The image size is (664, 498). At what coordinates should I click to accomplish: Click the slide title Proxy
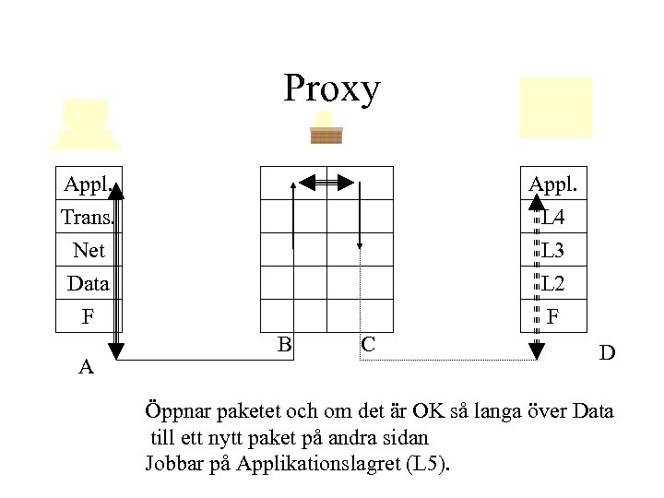331,89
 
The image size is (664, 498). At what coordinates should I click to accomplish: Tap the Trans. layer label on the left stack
87,218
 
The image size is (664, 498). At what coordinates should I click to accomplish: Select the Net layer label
89,251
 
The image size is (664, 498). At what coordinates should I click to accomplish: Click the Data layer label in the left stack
89,283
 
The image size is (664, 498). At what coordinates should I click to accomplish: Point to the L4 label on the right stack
553,219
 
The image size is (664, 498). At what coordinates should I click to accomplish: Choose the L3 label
553,251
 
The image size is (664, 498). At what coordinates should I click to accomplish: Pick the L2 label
553,283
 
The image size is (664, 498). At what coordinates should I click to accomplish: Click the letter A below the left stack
87,367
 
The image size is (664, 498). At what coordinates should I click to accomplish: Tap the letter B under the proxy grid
285,345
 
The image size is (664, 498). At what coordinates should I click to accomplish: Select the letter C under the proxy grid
367,345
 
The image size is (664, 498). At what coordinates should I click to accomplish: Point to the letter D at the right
607,352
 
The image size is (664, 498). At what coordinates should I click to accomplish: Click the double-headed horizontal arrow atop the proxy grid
327,182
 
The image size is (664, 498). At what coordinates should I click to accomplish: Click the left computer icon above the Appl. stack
85,124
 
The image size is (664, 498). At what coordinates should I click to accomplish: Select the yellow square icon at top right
555,107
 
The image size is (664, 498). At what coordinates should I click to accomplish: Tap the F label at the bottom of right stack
553,316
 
